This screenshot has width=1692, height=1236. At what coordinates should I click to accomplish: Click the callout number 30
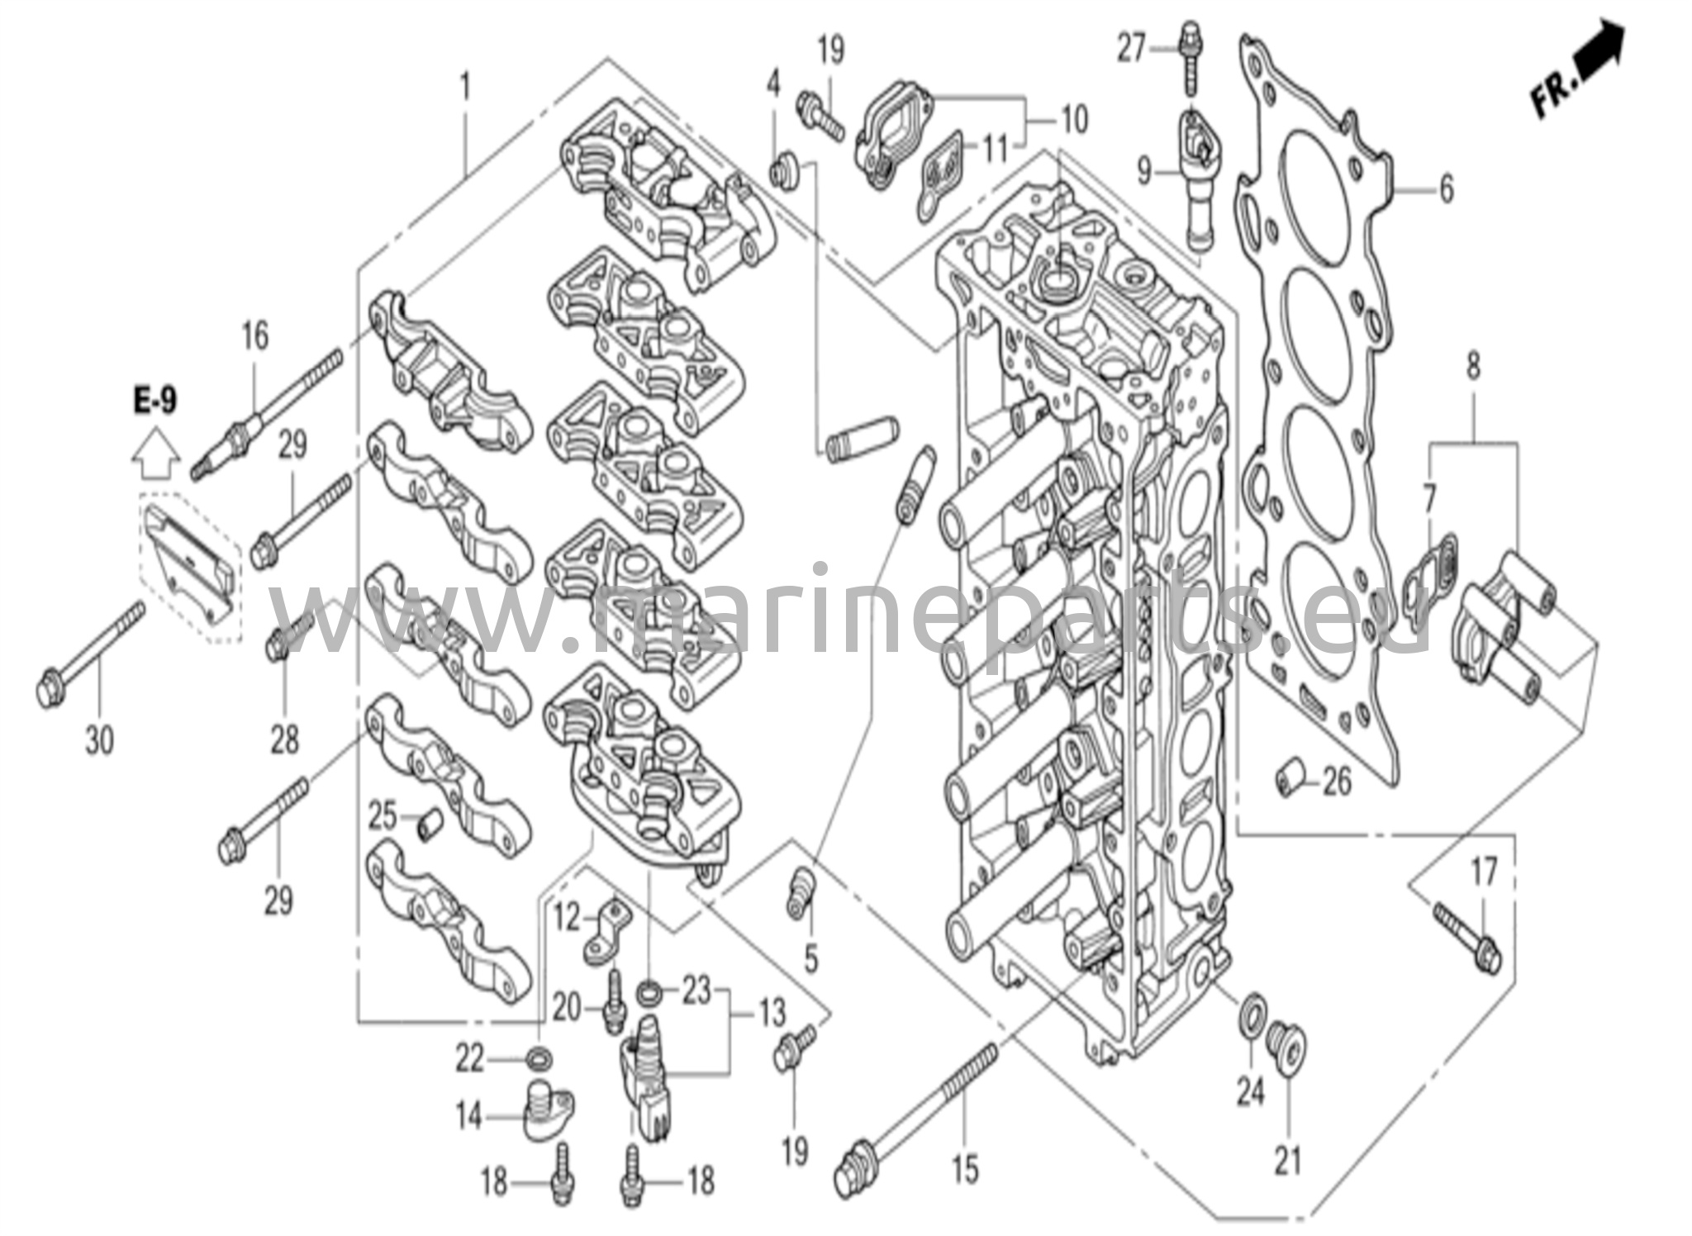click(99, 739)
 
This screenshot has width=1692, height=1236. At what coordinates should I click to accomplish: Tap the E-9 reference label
click(155, 402)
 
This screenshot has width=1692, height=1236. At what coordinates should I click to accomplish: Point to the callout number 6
click(1446, 189)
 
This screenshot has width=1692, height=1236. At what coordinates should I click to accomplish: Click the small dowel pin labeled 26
click(1288, 777)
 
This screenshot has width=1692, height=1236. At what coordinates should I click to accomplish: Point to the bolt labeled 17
click(1467, 938)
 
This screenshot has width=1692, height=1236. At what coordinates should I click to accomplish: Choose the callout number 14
click(468, 1117)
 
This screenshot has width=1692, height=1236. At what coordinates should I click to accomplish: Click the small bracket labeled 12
click(607, 932)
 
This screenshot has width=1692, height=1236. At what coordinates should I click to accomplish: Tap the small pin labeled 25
click(427, 824)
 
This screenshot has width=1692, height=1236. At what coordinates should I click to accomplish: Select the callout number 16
click(255, 336)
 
